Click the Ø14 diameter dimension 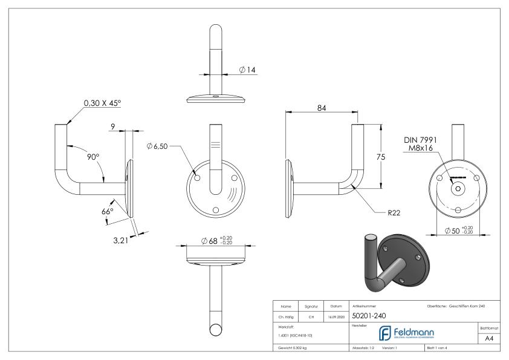point(247,70)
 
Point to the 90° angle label point(92,157)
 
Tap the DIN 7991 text point(421,140)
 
